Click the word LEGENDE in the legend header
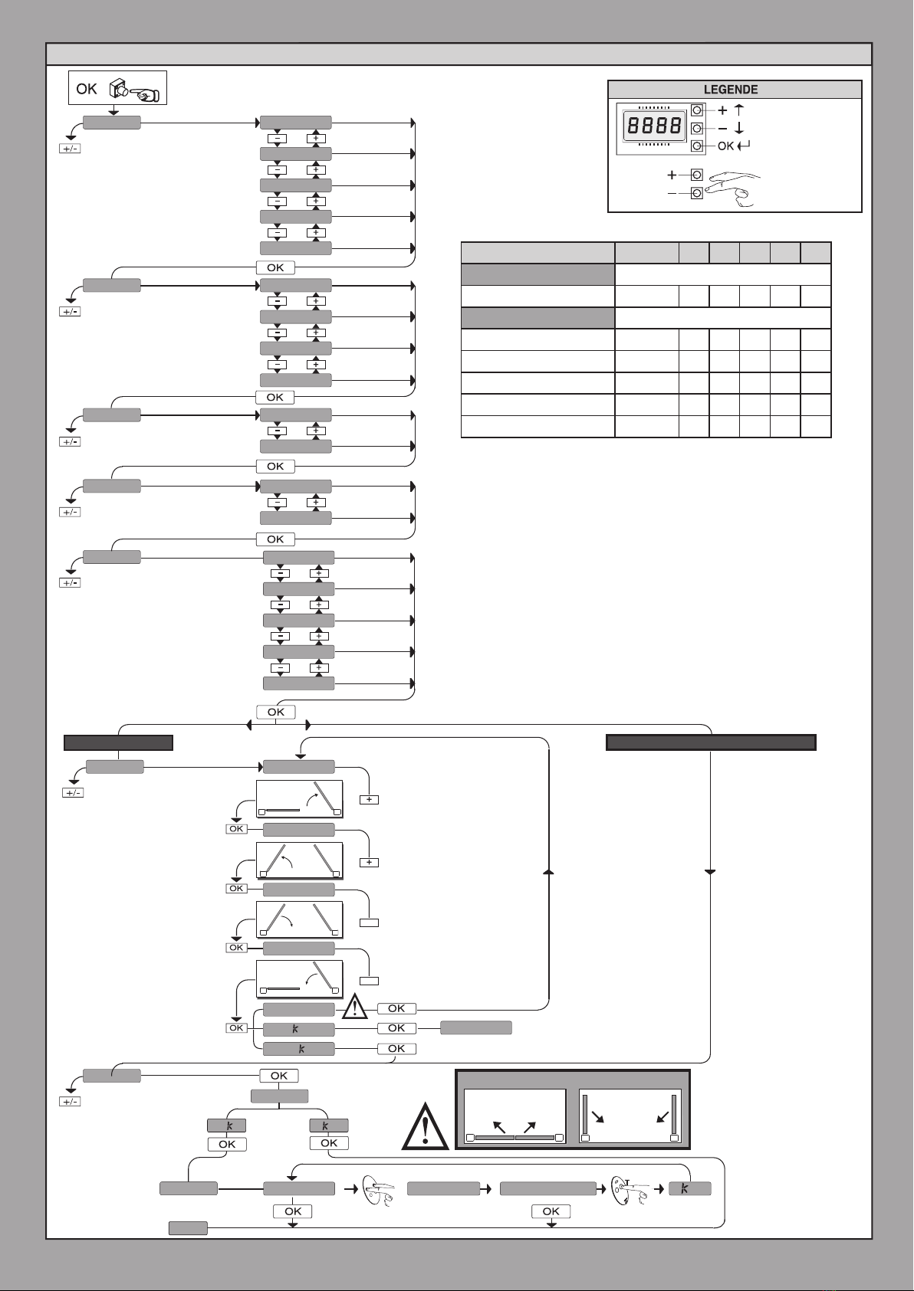731,90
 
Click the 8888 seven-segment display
653,126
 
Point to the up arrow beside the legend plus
739,110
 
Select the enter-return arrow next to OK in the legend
744,146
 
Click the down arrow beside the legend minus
739,129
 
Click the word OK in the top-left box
87,89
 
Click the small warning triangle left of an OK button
355,1006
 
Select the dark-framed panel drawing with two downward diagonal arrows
630,1116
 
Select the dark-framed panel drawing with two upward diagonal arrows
515,1116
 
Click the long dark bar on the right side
710,742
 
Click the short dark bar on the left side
118,742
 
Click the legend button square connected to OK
697,146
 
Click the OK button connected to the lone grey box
396,1028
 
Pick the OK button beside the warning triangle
396,1008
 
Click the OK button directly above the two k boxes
279,1076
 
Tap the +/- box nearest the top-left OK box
70,148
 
